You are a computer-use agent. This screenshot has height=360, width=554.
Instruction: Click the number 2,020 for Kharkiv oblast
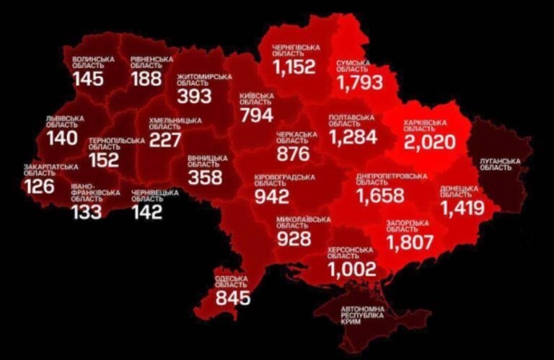tap(430, 141)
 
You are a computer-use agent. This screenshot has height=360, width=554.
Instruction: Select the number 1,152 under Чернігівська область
tap(294, 68)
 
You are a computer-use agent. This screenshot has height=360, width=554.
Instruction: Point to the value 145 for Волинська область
tap(89, 79)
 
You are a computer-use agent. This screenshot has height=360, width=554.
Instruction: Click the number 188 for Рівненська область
tap(146, 79)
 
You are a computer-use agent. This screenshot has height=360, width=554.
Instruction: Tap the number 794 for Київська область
tap(257, 115)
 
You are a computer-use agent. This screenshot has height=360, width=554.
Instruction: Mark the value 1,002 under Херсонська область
tap(352, 269)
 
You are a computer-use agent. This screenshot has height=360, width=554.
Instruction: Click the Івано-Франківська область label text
tap(95, 193)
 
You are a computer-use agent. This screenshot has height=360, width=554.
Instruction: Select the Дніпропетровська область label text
tap(391, 179)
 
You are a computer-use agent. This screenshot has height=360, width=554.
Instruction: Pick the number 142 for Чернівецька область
tap(147, 211)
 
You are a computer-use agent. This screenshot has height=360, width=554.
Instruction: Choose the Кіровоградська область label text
tap(284, 180)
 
